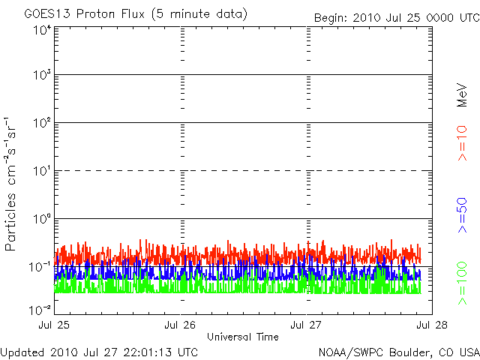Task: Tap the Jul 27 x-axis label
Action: coord(307,325)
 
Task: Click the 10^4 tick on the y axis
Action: coord(41,31)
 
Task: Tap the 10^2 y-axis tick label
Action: coord(41,124)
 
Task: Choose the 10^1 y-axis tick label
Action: coord(41,172)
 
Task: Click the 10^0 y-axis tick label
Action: coord(41,220)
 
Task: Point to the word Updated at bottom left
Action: coord(23,352)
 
